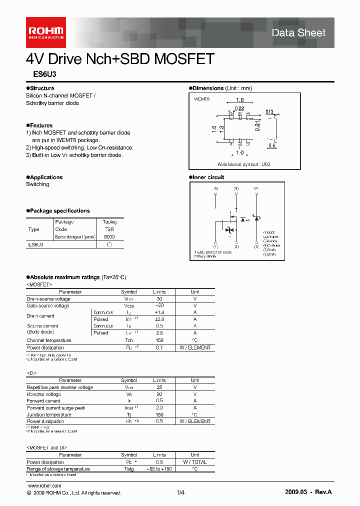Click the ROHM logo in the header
click(45, 29)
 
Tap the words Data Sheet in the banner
click(298, 33)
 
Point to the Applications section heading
click(44, 177)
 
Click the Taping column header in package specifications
click(109, 222)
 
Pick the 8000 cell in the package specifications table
click(109, 237)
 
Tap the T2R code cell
click(109, 229)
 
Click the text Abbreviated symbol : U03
click(243, 164)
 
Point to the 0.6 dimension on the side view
click(271, 146)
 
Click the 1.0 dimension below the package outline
click(240, 152)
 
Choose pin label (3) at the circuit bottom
click(256, 246)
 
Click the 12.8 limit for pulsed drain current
click(159, 319)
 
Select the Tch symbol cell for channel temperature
click(128, 340)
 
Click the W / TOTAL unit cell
click(195, 462)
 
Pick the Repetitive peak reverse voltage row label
click(59, 387)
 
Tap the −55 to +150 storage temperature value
click(159, 469)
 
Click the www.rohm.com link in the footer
click(44, 486)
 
